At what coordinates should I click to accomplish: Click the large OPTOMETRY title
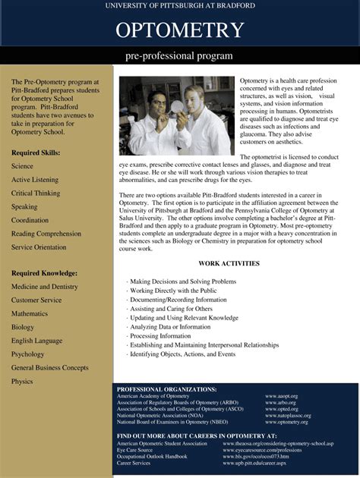click(x=179, y=30)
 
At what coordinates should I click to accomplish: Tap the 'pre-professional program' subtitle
click(x=179, y=56)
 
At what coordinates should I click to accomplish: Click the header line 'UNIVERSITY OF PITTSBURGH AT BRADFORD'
click(x=180, y=5)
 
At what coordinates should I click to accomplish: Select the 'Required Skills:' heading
click(x=36, y=153)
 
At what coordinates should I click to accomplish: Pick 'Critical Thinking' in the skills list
click(x=36, y=193)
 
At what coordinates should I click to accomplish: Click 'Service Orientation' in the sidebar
click(x=39, y=247)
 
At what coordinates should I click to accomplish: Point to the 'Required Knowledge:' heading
click(x=44, y=273)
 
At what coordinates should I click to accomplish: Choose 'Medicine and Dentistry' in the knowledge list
click(x=45, y=287)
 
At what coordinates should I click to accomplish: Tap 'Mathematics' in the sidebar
click(x=30, y=313)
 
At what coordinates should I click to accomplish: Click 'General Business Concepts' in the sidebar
click(x=50, y=368)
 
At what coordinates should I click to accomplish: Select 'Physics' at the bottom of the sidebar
click(x=22, y=382)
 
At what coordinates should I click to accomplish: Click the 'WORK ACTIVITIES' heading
click(x=229, y=264)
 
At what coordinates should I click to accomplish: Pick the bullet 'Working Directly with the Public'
click(x=173, y=291)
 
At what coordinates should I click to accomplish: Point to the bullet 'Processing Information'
click(x=160, y=336)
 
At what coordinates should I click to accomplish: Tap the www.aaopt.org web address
click(x=281, y=396)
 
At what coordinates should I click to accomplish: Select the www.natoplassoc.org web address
click(x=289, y=416)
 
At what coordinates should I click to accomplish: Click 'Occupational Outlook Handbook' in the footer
click(x=152, y=456)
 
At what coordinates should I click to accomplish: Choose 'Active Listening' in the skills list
click(x=35, y=180)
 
